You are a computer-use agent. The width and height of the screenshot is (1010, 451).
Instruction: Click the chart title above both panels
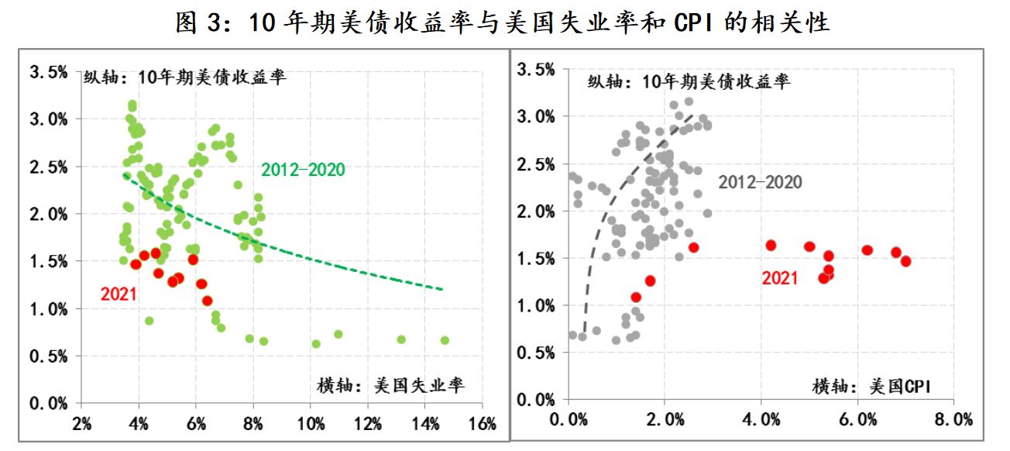coord(504,22)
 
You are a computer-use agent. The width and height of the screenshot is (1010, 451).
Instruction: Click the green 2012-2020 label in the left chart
coord(303,169)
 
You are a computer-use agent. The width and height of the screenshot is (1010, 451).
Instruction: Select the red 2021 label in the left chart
coord(118,294)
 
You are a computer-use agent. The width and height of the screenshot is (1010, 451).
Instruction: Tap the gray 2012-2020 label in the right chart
coord(760,182)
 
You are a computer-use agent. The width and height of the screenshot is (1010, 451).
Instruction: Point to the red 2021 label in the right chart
coord(779,278)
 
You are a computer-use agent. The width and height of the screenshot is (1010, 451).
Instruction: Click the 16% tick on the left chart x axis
coord(482,424)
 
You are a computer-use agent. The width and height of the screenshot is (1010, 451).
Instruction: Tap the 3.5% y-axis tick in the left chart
coord(48,72)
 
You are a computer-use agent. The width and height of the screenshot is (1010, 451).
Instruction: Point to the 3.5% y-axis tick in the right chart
coord(536,70)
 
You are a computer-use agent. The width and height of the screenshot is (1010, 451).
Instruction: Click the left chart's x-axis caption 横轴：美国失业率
coord(391,385)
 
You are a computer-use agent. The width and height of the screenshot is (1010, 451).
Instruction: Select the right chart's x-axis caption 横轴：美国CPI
coord(871,385)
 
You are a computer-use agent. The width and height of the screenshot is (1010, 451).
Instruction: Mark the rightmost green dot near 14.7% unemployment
coord(445,340)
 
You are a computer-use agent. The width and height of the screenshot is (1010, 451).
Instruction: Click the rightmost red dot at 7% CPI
coord(905,261)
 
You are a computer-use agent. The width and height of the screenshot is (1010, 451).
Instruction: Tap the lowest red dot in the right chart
coord(636,297)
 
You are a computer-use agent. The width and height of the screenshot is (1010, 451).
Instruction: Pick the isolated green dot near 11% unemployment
coord(338,334)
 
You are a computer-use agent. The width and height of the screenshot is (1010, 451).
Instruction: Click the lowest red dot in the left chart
coord(207,301)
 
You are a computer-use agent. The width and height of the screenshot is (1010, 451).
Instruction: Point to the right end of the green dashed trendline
coord(442,289)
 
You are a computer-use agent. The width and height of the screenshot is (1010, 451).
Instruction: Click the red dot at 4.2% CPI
coord(771,245)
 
